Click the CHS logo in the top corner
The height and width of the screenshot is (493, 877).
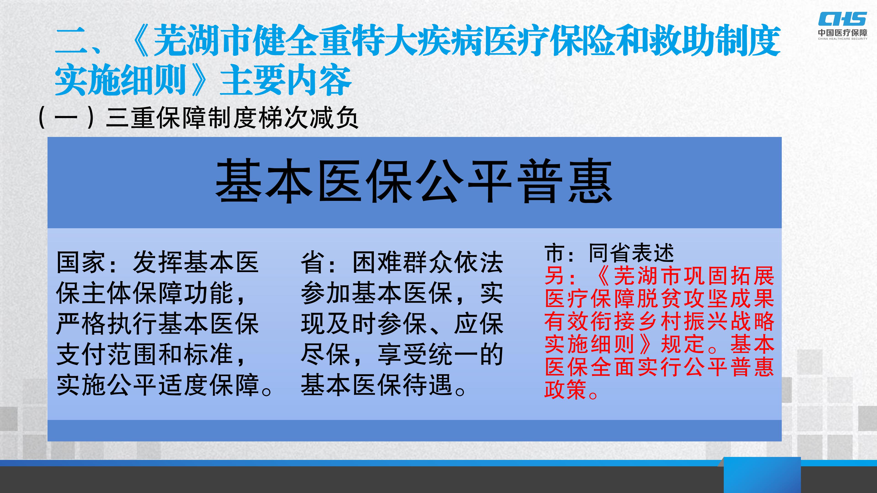tap(842, 19)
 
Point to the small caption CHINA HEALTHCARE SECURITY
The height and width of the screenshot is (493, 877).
tap(843, 39)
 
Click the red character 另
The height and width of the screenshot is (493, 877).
tap(555, 275)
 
